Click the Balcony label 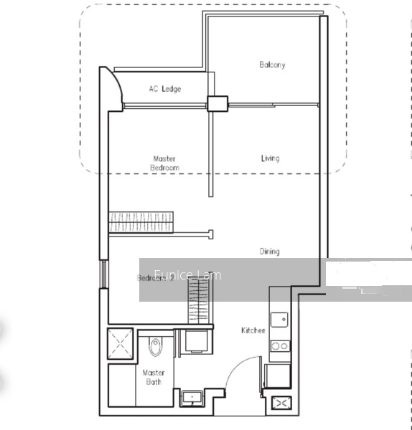272,65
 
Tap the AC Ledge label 165,89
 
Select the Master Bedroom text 164,163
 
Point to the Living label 270,158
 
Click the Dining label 270,252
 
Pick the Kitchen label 253,330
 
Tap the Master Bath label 154,377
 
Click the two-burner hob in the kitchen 280,347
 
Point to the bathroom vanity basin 192,397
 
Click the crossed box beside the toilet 119,343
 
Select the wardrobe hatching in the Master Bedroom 142,221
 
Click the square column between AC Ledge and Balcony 216,103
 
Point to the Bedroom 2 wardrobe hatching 199,302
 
